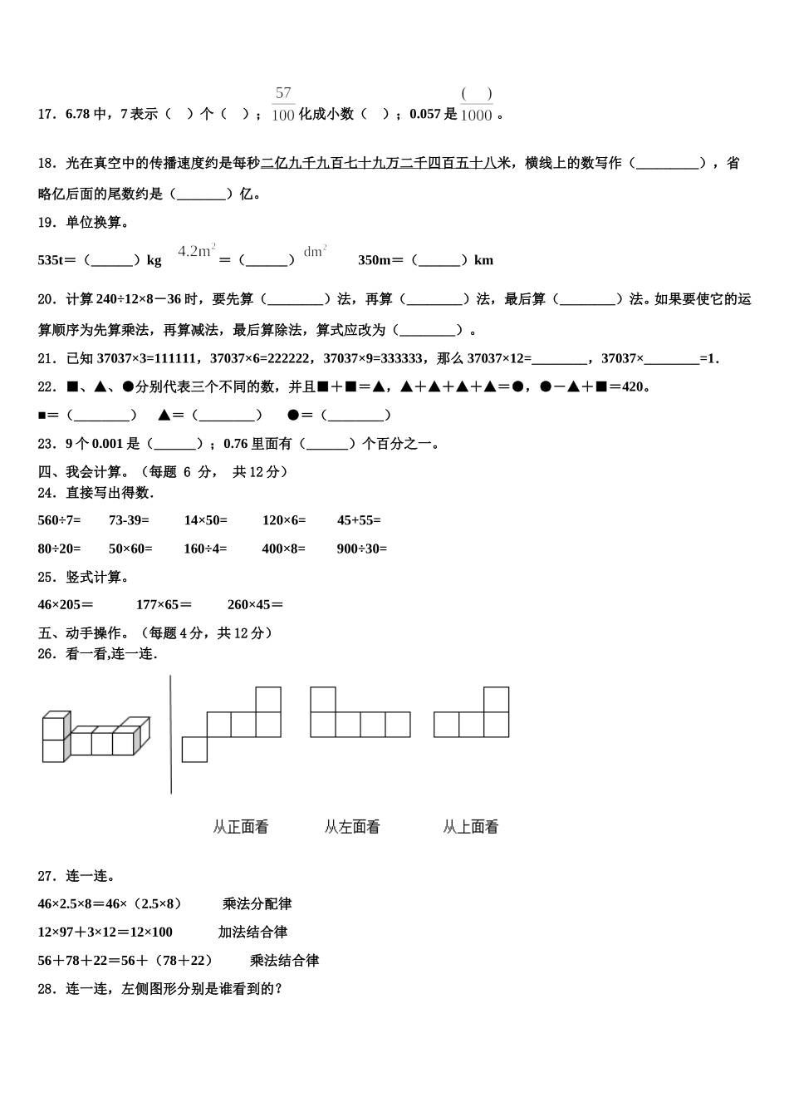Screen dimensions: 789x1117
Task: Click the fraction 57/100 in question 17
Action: coord(283,104)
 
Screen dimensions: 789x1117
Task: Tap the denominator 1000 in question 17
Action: coord(476,116)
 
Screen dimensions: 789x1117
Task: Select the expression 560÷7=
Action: coord(60,520)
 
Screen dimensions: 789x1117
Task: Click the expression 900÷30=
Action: coord(361,549)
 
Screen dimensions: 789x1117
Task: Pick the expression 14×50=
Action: coord(205,520)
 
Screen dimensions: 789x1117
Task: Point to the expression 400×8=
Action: coord(283,549)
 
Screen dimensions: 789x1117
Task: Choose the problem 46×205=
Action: coord(66,605)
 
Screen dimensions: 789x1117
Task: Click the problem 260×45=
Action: coord(255,605)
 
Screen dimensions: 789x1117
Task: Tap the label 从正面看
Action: coord(241,827)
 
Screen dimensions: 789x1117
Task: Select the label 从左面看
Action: coord(352,827)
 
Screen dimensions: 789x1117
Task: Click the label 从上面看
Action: coord(471,827)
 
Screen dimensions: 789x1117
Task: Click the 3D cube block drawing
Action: coord(96,736)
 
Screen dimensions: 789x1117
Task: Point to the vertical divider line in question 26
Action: coord(171,734)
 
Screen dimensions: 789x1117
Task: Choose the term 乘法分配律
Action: coord(257,904)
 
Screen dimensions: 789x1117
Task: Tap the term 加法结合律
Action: coord(252,932)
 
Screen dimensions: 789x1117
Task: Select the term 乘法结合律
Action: coord(284,961)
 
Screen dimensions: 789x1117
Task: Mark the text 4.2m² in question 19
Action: coord(197,250)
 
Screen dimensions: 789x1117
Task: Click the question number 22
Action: coord(47,386)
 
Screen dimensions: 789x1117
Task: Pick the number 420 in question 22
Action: coord(633,386)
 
